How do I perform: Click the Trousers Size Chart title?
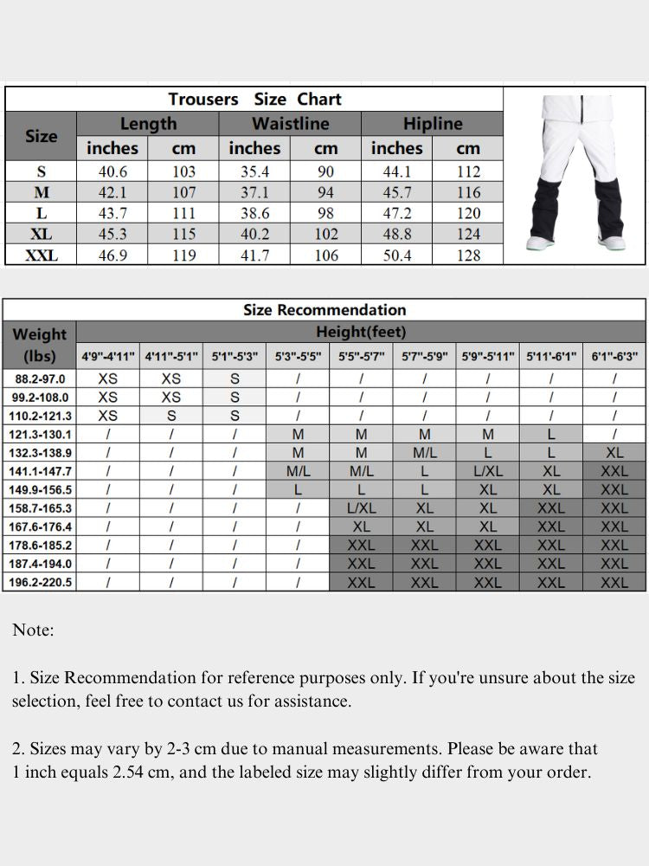point(254,100)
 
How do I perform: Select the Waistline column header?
point(290,124)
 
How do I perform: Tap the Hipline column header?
point(432,124)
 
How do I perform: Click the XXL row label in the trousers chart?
point(42,255)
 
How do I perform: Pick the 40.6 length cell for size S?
point(112,171)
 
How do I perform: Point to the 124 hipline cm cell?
point(468,234)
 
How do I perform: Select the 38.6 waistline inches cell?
point(254,213)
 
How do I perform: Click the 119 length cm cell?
point(183,255)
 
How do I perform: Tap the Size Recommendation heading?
point(324,310)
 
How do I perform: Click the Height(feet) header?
point(361,332)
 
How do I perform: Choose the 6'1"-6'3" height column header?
point(614,356)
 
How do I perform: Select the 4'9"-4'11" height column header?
point(108,356)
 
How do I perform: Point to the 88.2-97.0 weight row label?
point(41,378)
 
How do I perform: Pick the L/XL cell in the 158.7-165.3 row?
point(361,508)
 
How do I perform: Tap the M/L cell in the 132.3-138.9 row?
point(424,453)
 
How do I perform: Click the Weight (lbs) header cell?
point(40,344)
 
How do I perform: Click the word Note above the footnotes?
point(33,630)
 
